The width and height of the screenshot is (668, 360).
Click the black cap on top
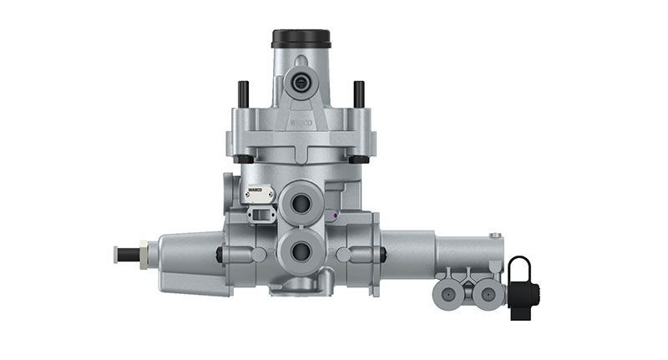click(301, 38)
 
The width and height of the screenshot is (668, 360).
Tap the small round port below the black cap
click(301, 81)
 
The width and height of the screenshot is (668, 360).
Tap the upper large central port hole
click(301, 203)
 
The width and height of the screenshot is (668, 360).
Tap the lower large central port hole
click(301, 249)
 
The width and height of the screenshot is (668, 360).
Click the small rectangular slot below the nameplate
click(261, 215)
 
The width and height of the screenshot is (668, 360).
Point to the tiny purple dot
click(334, 215)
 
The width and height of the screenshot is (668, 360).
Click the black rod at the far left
click(124, 251)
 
